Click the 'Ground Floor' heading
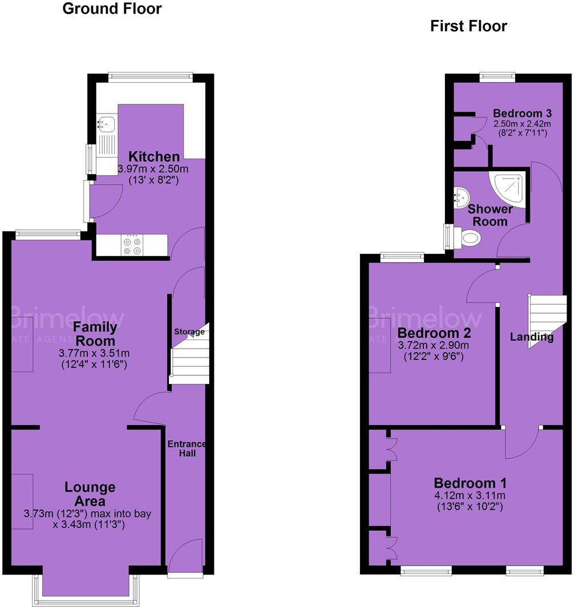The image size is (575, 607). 112,9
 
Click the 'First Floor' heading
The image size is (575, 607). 468,26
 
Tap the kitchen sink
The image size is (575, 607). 105,122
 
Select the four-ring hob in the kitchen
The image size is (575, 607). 132,245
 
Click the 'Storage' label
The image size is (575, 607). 189,331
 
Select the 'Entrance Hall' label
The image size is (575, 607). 187,448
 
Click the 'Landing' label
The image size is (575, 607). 532,337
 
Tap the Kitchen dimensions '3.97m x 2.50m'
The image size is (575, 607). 153,169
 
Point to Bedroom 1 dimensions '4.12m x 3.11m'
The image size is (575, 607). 469,495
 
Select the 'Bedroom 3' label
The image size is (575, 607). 523,113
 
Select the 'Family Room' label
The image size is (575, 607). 95,333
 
